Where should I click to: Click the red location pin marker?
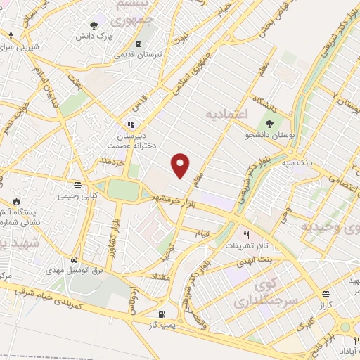(x=181, y=165)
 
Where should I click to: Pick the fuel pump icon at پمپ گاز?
(x=163, y=314)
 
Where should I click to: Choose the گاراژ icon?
(x=325, y=295)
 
